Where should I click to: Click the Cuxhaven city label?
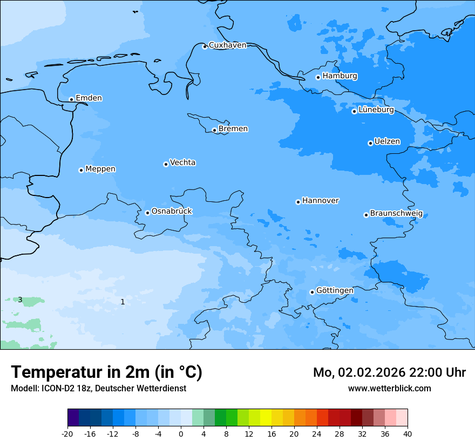pos(227,45)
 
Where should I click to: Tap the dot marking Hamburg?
pos(318,77)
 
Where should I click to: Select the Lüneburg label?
pos(376,110)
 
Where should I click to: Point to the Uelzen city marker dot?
pos(370,143)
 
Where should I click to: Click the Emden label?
pos(89,98)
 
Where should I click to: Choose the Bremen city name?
pos(233,129)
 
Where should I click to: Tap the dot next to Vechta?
pos(166,164)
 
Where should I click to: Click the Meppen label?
pos(100,169)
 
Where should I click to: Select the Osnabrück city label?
pos(172,212)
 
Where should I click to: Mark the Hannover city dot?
pos(298,202)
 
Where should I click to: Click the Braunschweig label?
pos(396,214)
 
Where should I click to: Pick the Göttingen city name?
pos(335,291)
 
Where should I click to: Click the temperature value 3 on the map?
pos(20,300)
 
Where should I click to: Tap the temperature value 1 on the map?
pos(123,302)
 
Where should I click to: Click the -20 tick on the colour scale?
pos(67,433)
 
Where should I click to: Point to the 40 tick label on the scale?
pos(408,433)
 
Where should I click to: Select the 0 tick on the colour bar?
pos(181,433)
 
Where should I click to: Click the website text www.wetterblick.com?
pos(389,388)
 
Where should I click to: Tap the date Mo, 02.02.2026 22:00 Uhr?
pos(389,372)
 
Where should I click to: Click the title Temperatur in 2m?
pos(106,372)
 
